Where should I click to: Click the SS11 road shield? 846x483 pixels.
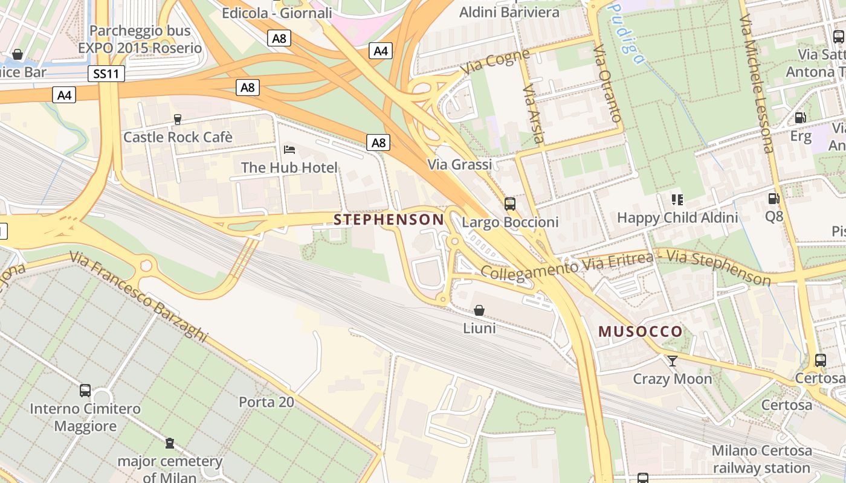coord(106,74)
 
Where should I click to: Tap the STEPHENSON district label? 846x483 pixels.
coord(389,219)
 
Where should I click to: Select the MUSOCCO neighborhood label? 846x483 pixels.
coord(641,331)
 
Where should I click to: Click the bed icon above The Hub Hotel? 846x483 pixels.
coord(289,149)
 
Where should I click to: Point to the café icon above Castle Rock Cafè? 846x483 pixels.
coord(178,120)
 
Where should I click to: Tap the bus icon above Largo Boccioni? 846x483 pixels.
coord(510,204)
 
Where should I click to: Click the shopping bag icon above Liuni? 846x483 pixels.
coord(479,310)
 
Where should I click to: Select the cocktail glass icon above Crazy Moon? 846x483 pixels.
coord(672,361)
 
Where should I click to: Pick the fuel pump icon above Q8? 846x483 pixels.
coord(773,198)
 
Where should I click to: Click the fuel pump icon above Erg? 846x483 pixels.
coord(800,118)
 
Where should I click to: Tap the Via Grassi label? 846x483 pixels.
coord(460,164)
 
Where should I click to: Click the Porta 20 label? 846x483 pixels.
coord(266,401)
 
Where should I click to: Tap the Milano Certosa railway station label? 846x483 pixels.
coord(761,459)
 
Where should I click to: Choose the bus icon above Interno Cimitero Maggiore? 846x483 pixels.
coord(85,391)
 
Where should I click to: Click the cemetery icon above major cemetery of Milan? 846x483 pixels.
coord(170,444)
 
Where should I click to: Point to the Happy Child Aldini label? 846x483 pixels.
coord(677,217)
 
